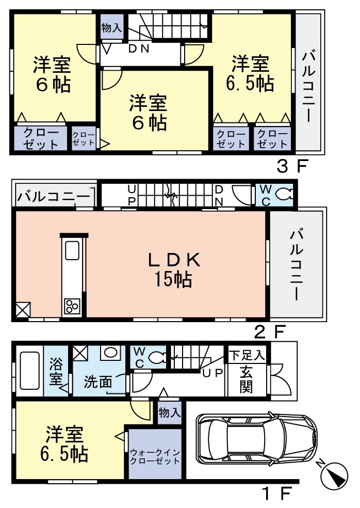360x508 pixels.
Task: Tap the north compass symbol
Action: (x=335, y=474)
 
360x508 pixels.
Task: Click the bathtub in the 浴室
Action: (x=28, y=371)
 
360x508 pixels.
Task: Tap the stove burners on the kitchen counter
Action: (x=71, y=307)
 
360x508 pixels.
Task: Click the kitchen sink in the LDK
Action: (x=71, y=251)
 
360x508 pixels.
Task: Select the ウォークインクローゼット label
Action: (x=155, y=457)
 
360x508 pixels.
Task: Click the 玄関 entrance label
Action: (x=247, y=380)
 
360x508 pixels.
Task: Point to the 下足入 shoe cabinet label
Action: (x=247, y=355)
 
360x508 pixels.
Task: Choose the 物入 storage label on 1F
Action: (x=170, y=413)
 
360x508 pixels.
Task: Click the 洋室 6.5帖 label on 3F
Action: (x=250, y=73)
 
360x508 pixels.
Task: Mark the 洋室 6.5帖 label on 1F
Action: (x=64, y=444)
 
